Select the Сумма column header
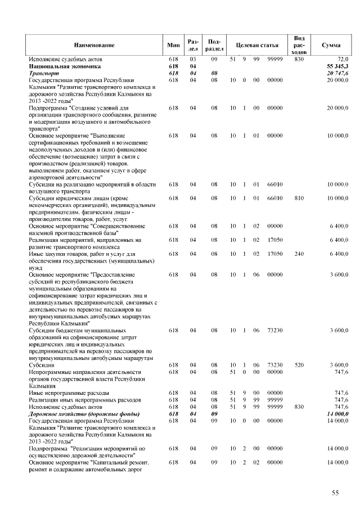click(329, 44)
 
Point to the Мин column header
click(173, 44)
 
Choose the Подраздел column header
click(214, 44)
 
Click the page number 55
click(335, 493)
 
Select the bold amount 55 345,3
click(336, 66)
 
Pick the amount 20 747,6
click(336, 73)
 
